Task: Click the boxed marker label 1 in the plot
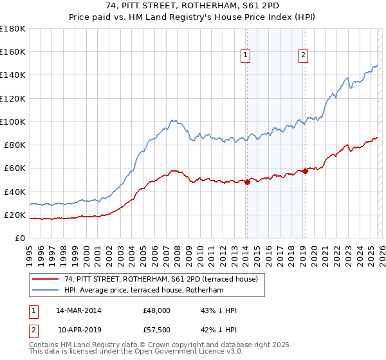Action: tap(246, 56)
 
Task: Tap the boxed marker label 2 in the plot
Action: tap(303, 56)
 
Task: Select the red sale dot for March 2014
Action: tap(247, 182)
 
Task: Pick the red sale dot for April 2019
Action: tap(305, 171)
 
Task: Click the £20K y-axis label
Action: tap(15, 215)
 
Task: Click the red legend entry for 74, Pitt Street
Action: tap(161, 279)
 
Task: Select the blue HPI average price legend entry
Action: tap(143, 291)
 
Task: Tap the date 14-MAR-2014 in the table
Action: tap(78, 310)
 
